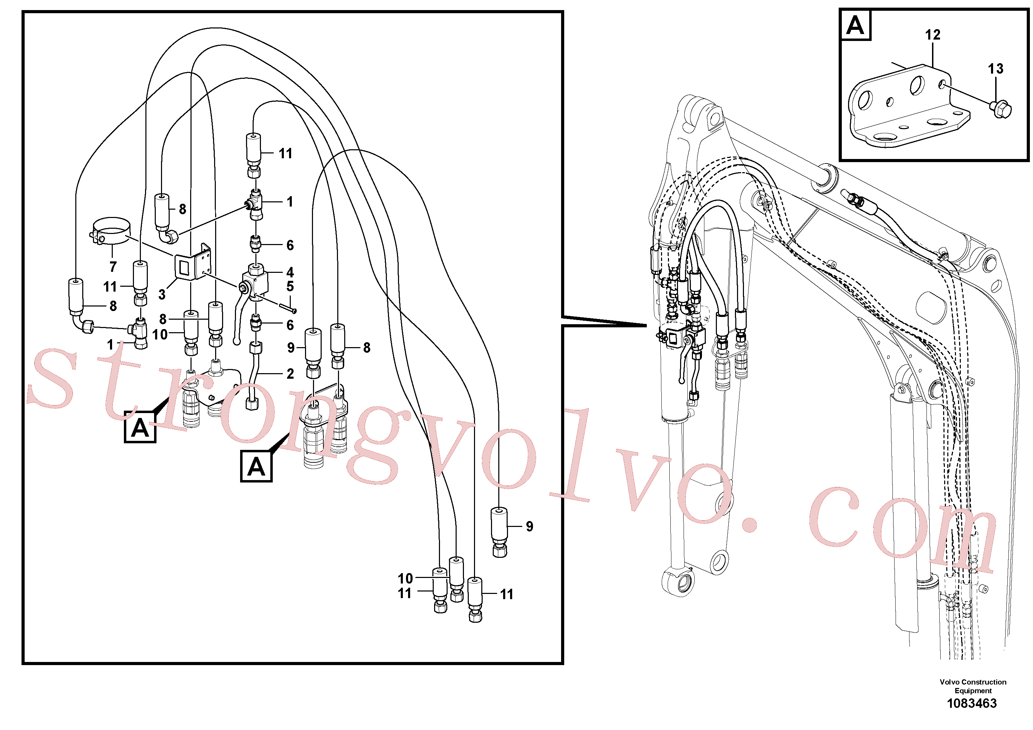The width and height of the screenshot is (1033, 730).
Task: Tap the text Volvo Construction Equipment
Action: click(973, 686)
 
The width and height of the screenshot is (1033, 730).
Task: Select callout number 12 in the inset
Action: click(933, 35)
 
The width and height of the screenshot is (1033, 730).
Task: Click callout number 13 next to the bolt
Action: click(996, 69)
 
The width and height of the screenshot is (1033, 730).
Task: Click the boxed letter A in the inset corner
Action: click(855, 25)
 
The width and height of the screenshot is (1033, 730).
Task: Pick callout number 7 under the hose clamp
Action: click(113, 267)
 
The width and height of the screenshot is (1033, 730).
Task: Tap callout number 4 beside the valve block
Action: click(290, 272)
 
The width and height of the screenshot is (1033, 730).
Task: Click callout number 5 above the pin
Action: click(290, 286)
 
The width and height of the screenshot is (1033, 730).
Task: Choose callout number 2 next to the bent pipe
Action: click(290, 374)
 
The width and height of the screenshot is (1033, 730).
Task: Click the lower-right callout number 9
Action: click(530, 526)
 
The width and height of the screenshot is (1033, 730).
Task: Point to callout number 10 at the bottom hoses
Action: click(405, 578)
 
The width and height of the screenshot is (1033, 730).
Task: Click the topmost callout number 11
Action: click(285, 153)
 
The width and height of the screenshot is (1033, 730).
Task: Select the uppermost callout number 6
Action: click(290, 245)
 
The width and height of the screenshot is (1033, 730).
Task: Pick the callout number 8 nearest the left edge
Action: click(113, 306)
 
